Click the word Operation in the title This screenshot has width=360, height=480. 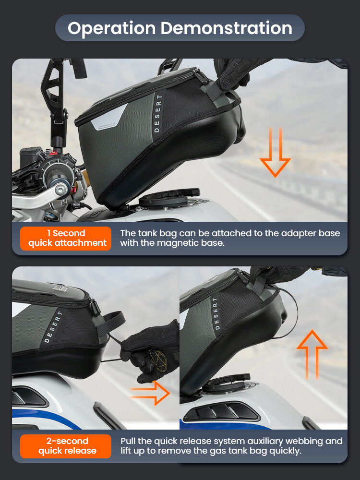[x=112, y=28]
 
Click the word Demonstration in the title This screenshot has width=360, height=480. [x=227, y=28]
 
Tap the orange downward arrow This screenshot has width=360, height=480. [x=275, y=152]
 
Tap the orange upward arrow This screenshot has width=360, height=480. [x=312, y=355]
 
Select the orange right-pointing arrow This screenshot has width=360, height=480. [x=150, y=393]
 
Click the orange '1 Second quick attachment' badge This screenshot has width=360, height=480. [x=66, y=238]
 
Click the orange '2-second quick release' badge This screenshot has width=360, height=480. [x=66, y=446]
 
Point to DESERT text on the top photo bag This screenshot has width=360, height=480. [x=157, y=113]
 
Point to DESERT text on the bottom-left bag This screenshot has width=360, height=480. [x=53, y=326]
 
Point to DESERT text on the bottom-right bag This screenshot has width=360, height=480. [x=216, y=313]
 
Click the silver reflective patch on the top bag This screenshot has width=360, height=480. [x=108, y=118]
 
